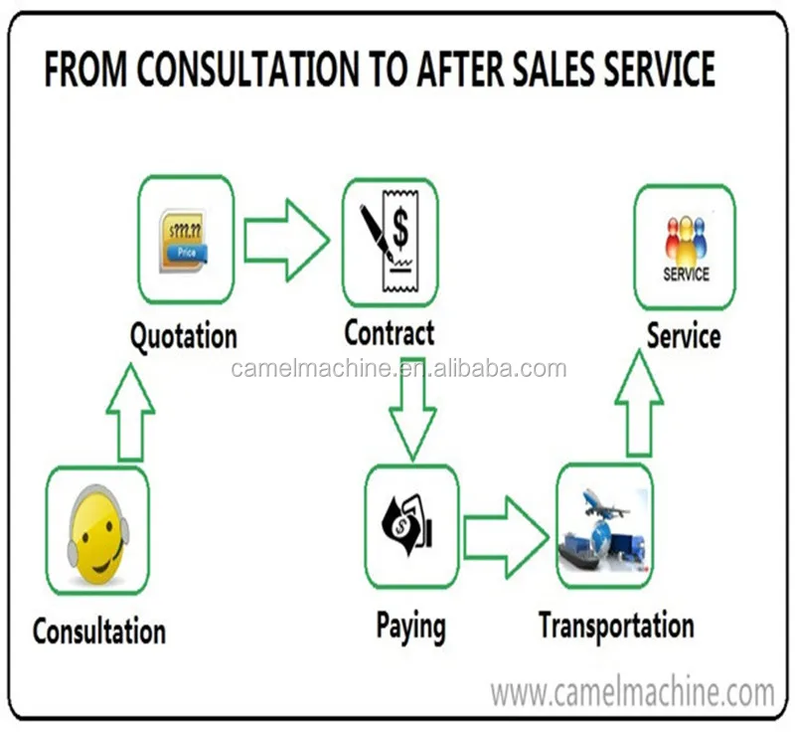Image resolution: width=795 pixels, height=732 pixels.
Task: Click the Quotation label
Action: [184, 335]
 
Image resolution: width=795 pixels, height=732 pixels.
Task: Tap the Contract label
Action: [389, 333]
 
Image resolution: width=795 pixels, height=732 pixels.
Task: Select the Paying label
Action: [410, 626]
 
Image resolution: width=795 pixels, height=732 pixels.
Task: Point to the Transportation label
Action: [616, 626]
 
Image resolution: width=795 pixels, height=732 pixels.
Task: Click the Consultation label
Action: [98, 631]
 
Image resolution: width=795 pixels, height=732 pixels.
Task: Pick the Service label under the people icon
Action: [684, 335]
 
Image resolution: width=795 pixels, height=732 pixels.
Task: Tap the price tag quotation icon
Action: [185, 240]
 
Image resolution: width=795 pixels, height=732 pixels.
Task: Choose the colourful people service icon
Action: [685, 243]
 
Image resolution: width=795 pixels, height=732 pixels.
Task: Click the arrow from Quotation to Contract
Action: [286, 240]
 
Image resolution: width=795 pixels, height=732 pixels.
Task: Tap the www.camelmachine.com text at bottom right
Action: [633, 690]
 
